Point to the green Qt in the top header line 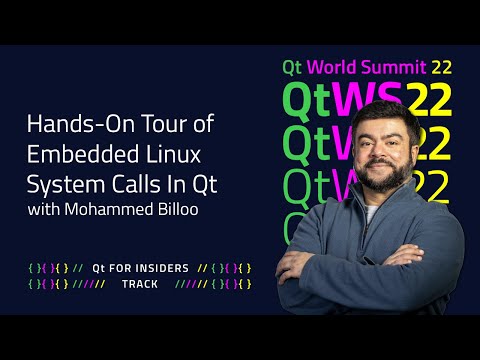pos(292,68)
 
